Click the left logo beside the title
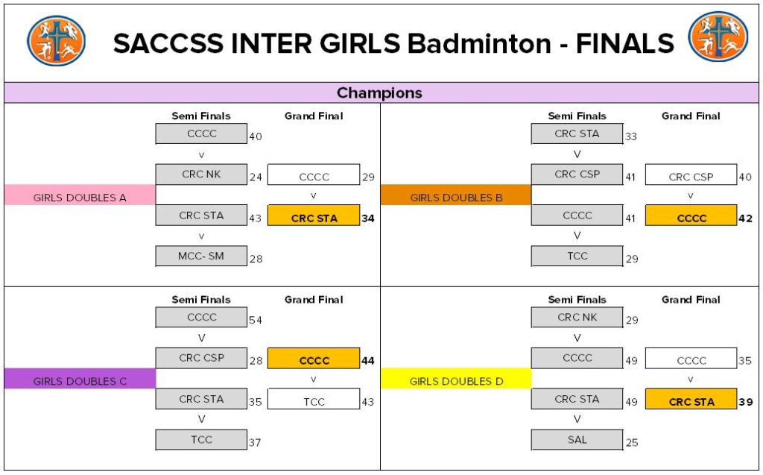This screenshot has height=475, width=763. click(x=56, y=41)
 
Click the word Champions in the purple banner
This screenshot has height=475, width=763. click(x=379, y=93)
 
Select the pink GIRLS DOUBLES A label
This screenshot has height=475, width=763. click(x=80, y=198)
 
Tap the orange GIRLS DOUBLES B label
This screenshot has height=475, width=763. click(x=455, y=198)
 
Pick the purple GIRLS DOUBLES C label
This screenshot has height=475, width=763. click(x=80, y=381)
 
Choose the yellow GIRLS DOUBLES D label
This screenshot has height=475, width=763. click(x=456, y=381)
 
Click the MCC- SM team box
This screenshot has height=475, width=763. click(x=201, y=257)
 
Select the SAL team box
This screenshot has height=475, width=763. click(x=577, y=440)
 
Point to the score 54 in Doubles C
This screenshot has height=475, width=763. click(x=256, y=320)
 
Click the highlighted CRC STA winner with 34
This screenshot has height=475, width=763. click(x=314, y=218)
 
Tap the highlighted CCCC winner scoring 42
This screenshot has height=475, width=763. click(x=691, y=218)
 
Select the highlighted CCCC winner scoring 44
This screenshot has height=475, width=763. click(x=314, y=361)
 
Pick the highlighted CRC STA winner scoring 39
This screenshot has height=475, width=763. click(x=691, y=402)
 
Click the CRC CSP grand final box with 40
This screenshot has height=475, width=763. click(x=691, y=177)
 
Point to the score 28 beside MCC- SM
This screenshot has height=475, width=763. click(x=256, y=259)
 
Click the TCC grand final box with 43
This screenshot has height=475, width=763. click(x=314, y=402)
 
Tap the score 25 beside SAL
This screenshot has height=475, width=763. click(x=632, y=443)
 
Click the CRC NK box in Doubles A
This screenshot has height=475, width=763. click(x=201, y=174)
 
